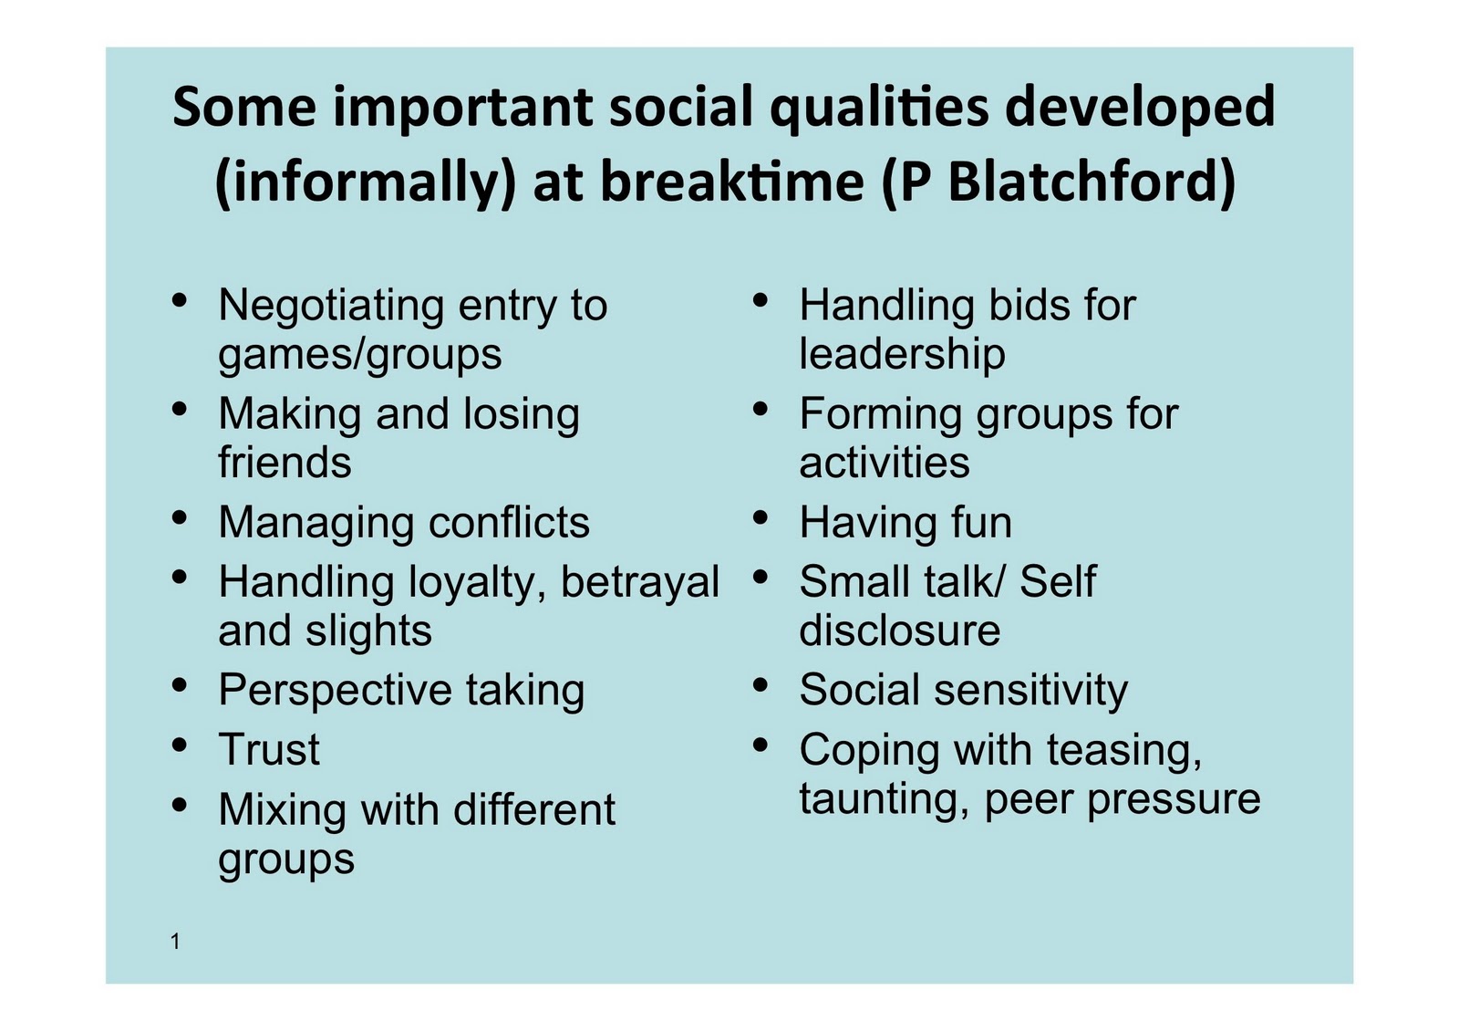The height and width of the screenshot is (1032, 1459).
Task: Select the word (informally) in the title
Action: [366, 182]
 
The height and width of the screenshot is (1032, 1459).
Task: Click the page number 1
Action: [175, 942]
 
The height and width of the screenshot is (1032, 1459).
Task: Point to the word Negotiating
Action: [330, 307]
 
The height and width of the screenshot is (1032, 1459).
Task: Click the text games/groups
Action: [360, 356]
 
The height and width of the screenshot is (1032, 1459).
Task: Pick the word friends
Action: [285, 463]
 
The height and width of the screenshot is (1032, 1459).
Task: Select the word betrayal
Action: [639, 583]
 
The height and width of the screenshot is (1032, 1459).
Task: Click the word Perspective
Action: [335, 691]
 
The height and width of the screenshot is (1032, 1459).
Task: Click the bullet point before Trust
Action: [180, 745]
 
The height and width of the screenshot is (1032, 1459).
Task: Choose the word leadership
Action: [902, 355]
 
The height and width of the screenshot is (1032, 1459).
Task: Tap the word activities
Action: [885, 463]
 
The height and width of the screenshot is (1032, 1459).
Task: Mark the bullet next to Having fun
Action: [760, 517]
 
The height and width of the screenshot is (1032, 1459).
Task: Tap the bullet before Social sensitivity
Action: [760, 685]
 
